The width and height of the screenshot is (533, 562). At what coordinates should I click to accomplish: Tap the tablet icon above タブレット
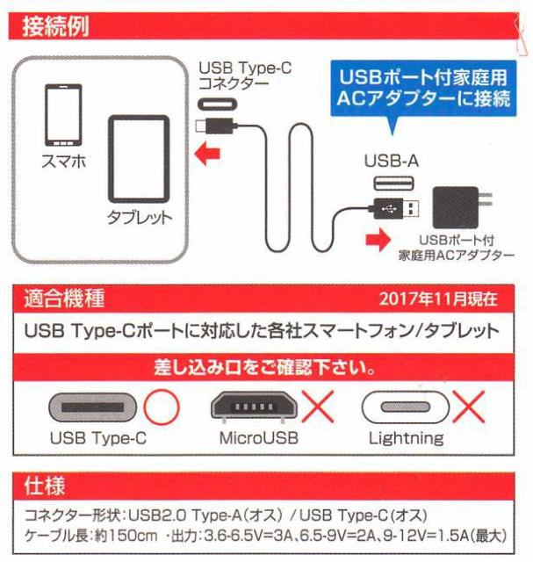[140, 161]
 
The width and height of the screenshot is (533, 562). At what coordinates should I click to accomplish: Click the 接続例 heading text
[56, 21]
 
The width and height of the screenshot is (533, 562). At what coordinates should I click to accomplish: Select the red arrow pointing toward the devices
[208, 155]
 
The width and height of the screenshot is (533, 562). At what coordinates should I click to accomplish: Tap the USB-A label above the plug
[387, 162]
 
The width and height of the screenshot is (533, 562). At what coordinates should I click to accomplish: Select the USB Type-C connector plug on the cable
[212, 124]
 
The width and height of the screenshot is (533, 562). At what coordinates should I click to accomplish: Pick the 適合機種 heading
[65, 298]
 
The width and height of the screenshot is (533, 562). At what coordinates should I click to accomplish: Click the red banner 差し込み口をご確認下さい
[266, 364]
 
